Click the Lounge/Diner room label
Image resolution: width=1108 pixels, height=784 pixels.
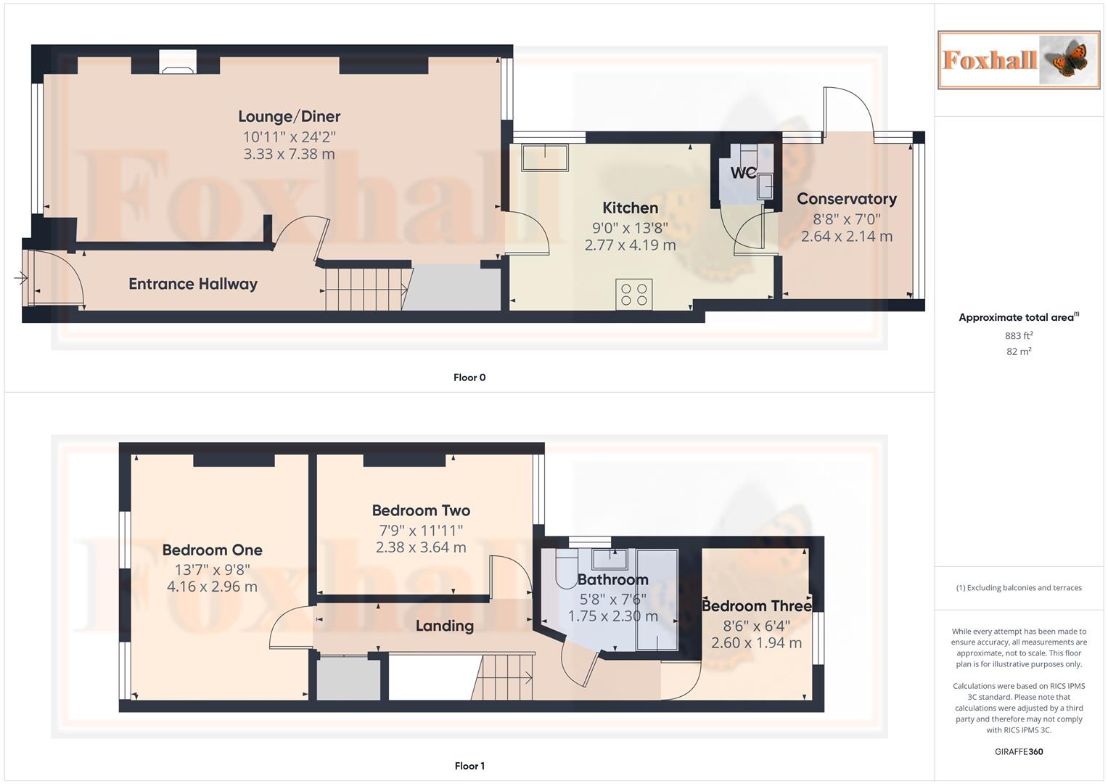pyautogui.click(x=289, y=116)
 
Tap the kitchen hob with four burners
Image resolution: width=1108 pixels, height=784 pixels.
pyautogui.click(x=633, y=295)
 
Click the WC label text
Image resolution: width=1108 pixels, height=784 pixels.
pyautogui.click(x=743, y=173)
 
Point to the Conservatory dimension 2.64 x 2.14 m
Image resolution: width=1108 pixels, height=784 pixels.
pyautogui.click(x=846, y=237)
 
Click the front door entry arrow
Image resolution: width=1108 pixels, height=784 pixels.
pyautogui.click(x=20, y=277)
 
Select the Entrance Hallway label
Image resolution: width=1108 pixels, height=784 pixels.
pyautogui.click(x=193, y=284)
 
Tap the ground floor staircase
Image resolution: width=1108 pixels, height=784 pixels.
pyautogui.click(x=362, y=288)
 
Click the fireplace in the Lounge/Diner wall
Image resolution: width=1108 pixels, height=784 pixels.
pyautogui.click(x=177, y=62)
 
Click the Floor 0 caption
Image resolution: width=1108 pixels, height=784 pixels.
pyautogui.click(x=469, y=377)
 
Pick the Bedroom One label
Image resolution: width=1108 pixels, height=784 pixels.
pyautogui.click(x=212, y=550)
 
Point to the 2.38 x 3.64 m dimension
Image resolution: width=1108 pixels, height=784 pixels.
pyautogui.click(x=421, y=548)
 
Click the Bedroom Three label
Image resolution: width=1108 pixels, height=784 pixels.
pyautogui.click(x=756, y=606)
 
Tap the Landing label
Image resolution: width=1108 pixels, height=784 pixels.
pyautogui.click(x=444, y=626)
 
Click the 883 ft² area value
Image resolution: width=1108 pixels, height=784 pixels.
pyautogui.click(x=1018, y=336)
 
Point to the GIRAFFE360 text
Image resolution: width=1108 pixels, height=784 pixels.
pyautogui.click(x=1018, y=752)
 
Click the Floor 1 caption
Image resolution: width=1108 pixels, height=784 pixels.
pyautogui.click(x=469, y=766)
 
